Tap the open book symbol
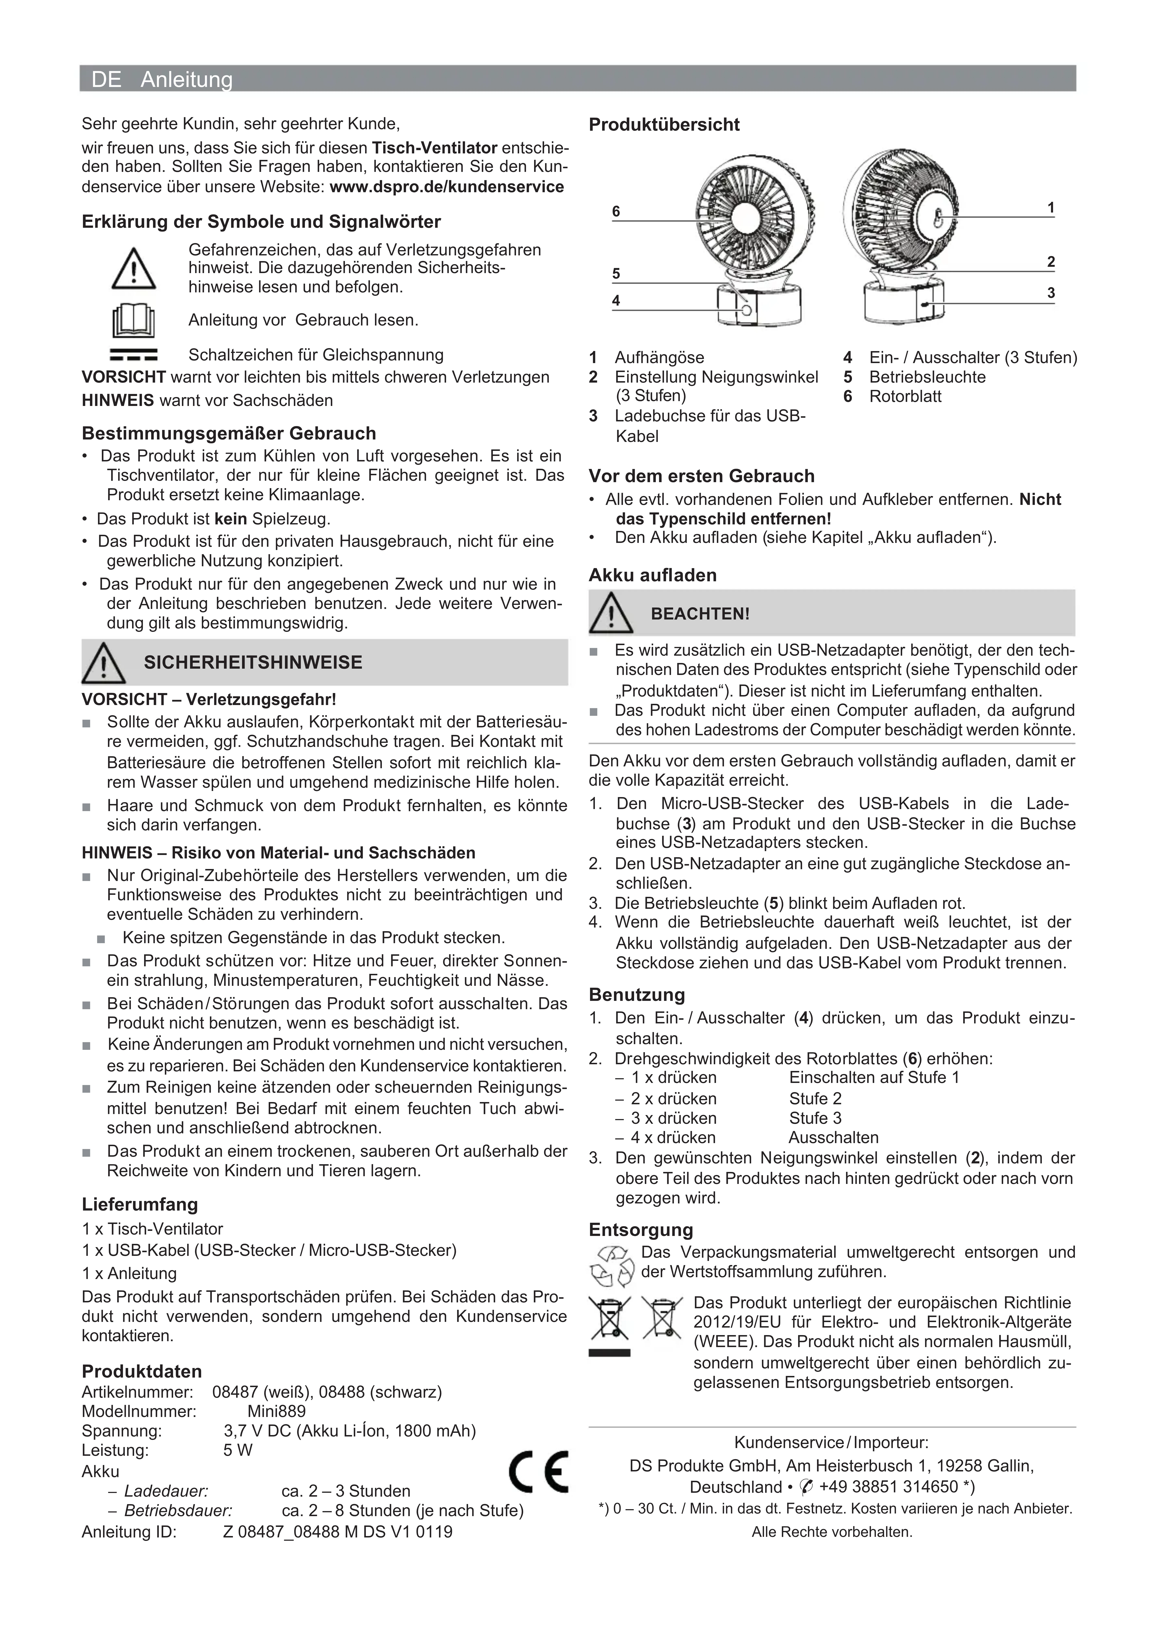pyautogui.click(x=133, y=321)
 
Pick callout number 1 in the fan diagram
pyautogui.click(x=1051, y=208)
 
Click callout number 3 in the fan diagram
pyautogui.click(x=1051, y=293)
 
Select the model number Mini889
pyautogui.click(x=277, y=1411)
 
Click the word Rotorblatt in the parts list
pyautogui.click(x=905, y=397)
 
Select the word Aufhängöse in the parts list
pyautogui.click(x=659, y=358)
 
